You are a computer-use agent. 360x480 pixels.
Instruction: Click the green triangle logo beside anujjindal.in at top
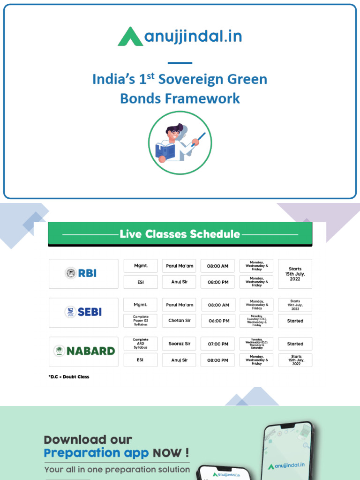(x=130, y=37)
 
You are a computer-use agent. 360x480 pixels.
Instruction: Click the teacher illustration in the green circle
(x=180, y=143)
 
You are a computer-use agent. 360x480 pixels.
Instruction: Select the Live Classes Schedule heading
(x=180, y=234)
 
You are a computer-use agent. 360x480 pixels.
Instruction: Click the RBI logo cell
(x=83, y=273)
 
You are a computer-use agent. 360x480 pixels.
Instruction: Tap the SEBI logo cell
(x=83, y=312)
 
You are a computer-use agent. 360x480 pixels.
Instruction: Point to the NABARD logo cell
(x=83, y=351)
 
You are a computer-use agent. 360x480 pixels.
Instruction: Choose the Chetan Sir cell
(x=179, y=321)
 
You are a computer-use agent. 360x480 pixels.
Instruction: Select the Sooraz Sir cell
(x=179, y=344)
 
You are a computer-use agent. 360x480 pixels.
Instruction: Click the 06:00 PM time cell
(x=218, y=321)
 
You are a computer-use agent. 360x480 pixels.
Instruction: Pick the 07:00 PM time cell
(x=218, y=344)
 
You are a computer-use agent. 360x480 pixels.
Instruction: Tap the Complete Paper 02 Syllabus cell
(x=141, y=321)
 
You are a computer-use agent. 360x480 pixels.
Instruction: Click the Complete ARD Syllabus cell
(x=141, y=344)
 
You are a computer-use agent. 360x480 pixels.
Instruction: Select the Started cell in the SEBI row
(x=295, y=321)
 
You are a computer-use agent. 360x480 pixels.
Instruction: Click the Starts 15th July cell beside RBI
(x=295, y=273)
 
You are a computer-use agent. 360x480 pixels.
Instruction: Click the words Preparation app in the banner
(x=96, y=453)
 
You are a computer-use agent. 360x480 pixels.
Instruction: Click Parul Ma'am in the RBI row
(x=179, y=266)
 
